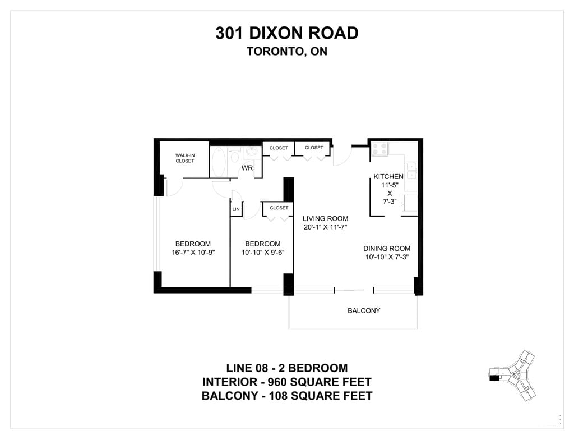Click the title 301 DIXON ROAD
[287, 33]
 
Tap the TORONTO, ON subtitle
[287, 51]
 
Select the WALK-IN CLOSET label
[185, 158]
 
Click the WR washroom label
[247, 168]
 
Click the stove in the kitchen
[379, 149]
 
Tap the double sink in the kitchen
[411, 171]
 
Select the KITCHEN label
[388, 176]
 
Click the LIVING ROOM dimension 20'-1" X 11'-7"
[326, 227]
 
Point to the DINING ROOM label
[387, 248]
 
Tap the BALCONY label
[364, 310]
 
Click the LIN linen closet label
[236, 209]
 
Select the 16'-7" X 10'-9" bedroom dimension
[193, 252]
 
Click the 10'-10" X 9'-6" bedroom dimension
[263, 252]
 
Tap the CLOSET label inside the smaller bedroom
[279, 208]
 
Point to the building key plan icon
[512, 375]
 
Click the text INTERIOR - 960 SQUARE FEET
[287, 382]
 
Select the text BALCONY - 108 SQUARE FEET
[287, 396]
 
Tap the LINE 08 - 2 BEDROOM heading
[287, 368]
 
